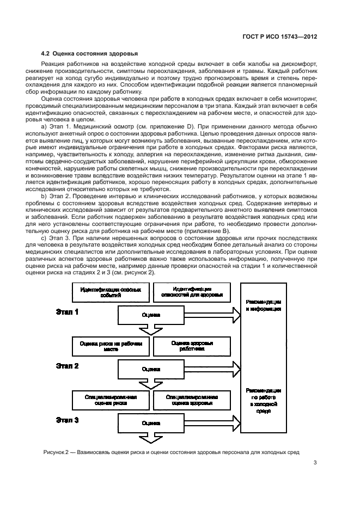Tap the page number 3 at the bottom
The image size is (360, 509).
tap(315, 464)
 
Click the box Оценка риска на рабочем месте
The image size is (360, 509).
tap(111, 346)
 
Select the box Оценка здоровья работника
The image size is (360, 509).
tap(192, 346)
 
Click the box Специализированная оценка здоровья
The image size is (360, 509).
tap(192, 400)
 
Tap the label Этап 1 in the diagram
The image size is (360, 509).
tap(68, 312)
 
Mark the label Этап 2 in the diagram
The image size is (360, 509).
tap(68, 366)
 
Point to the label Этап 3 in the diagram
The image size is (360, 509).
tap(68, 420)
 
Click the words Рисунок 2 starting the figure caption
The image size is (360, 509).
tap(57, 452)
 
